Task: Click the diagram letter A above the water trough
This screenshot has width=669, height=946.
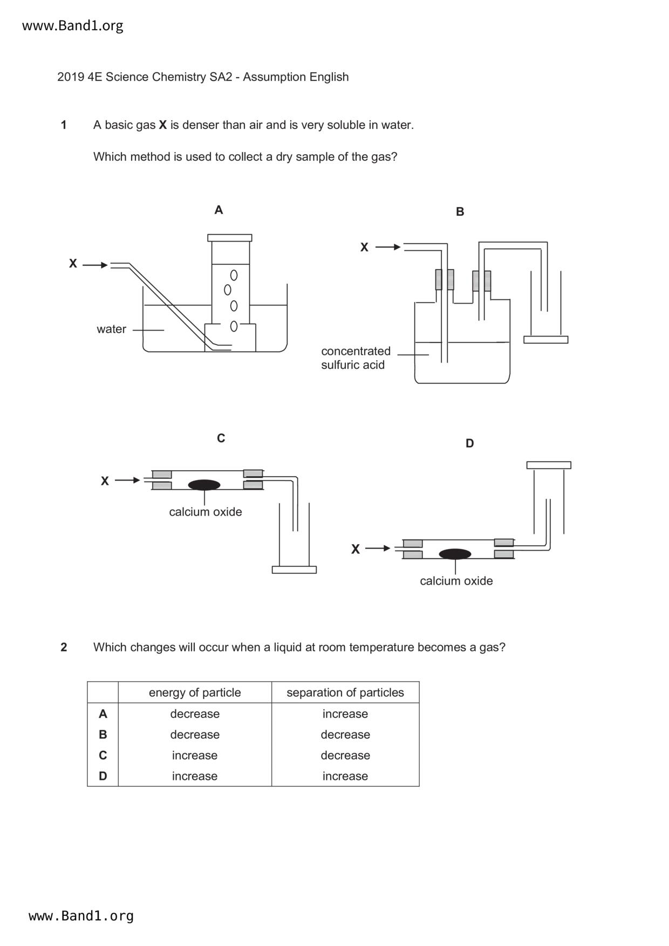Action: (219, 210)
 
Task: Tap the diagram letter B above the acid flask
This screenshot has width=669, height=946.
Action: (460, 211)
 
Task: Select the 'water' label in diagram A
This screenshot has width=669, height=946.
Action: (111, 329)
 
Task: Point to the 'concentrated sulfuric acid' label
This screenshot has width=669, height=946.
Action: (355, 358)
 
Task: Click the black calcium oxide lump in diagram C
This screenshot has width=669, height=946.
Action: (204, 485)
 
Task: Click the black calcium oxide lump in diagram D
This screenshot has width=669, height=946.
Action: (455, 554)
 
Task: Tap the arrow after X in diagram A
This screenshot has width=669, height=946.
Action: (95, 265)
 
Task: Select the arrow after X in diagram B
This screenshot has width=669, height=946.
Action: (388, 247)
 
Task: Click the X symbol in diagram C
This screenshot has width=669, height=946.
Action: (105, 481)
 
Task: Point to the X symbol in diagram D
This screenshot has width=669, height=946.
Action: (355, 549)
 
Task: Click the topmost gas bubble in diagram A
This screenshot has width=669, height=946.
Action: (234, 276)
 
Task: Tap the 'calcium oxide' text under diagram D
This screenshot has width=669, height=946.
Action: (456, 581)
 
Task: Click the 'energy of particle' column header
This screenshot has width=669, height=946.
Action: (195, 693)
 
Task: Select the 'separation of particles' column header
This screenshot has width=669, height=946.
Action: (345, 693)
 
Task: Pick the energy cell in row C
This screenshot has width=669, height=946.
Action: (195, 755)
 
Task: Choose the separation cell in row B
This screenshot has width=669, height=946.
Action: (345, 735)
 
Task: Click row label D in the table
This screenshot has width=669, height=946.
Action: (103, 776)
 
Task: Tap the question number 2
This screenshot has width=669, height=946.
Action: (64, 647)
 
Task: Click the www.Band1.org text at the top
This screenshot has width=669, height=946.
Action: (72, 26)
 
